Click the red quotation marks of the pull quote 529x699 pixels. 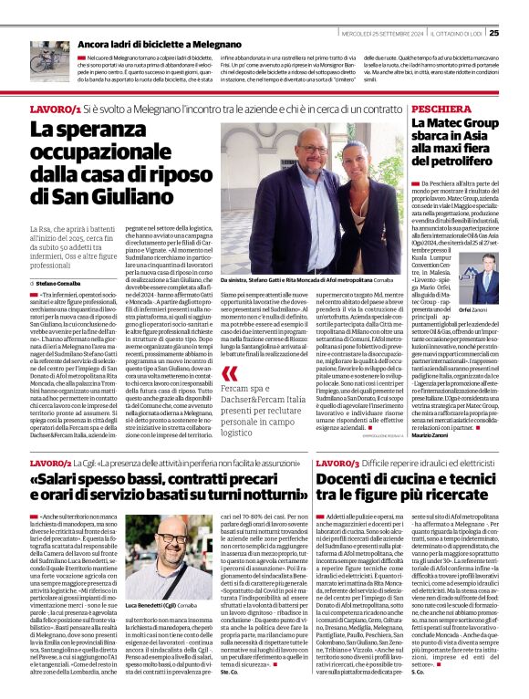click(x=230, y=373)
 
